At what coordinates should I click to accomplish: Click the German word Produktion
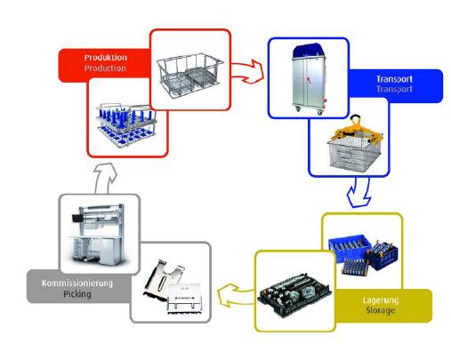[106, 58]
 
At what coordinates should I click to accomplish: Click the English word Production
[105, 68]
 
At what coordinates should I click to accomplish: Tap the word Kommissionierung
[77, 284]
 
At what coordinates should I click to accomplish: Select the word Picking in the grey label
[77, 294]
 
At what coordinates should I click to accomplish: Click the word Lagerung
[381, 300]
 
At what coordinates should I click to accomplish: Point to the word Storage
[381, 310]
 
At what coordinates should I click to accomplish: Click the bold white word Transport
[394, 79]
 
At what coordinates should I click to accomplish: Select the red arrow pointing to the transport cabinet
[247, 71]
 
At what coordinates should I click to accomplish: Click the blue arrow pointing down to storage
[359, 192]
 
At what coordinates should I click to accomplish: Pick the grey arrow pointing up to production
[104, 178]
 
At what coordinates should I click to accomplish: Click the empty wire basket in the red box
[189, 74]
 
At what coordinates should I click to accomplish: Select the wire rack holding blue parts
[126, 124]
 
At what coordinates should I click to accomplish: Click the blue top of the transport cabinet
[309, 51]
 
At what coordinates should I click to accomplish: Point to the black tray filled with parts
[294, 295]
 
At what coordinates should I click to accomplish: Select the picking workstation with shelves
[98, 235]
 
